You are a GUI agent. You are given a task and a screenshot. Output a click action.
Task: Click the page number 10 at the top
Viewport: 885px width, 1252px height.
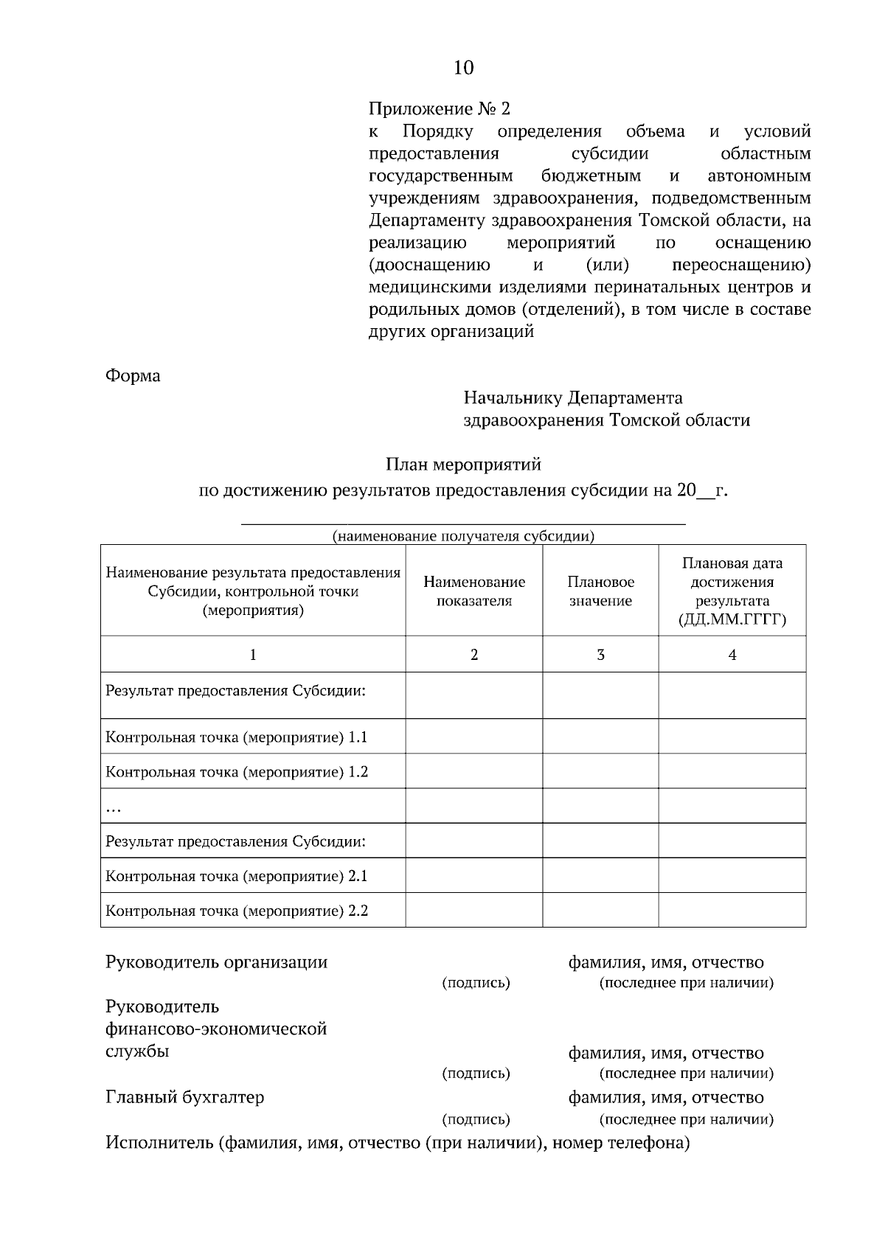(x=463, y=68)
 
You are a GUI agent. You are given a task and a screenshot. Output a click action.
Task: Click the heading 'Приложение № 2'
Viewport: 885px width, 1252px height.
(x=439, y=109)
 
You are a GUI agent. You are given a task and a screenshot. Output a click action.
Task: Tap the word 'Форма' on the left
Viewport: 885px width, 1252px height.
(x=133, y=375)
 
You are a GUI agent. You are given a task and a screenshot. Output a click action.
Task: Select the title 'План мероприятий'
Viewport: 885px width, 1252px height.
(x=463, y=465)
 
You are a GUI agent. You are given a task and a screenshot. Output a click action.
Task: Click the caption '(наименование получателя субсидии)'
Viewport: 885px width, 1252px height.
(x=463, y=536)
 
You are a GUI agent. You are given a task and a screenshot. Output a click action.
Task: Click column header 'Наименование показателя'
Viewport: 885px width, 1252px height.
(x=474, y=591)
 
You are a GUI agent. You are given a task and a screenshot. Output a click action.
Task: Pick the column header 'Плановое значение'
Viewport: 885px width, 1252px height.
(x=600, y=591)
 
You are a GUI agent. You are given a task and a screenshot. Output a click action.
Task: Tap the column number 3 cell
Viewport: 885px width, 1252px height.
(x=600, y=654)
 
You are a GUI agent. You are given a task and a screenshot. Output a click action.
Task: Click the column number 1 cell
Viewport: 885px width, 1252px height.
(x=253, y=654)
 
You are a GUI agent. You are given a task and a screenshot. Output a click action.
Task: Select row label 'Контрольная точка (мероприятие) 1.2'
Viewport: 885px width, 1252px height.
(x=237, y=772)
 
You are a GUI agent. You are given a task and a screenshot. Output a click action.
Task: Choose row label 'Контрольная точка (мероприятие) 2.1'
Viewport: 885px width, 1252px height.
(x=237, y=876)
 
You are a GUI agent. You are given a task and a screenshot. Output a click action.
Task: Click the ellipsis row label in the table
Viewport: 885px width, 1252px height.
(x=114, y=808)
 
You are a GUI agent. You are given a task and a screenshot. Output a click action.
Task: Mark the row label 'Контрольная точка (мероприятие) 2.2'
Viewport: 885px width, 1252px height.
(x=237, y=911)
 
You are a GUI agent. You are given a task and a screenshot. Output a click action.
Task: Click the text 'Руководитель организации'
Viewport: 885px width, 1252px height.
(x=216, y=962)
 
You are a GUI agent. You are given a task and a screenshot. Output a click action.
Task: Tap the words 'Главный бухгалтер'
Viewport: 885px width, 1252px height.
(x=184, y=1097)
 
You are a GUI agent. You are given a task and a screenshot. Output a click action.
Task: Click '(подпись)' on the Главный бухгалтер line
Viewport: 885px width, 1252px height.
(x=476, y=1119)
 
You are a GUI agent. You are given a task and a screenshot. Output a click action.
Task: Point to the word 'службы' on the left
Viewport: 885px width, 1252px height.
(x=137, y=1051)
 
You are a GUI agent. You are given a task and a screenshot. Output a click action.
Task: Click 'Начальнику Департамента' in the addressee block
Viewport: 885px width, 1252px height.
(x=572, y=398)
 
